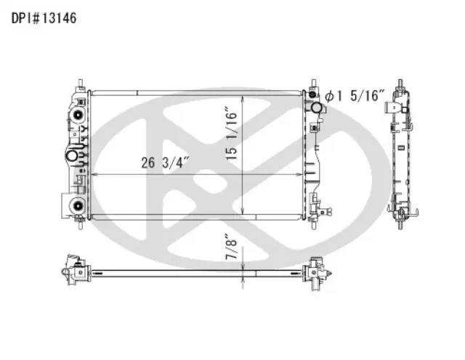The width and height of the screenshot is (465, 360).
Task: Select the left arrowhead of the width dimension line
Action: (x=93, y=175)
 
